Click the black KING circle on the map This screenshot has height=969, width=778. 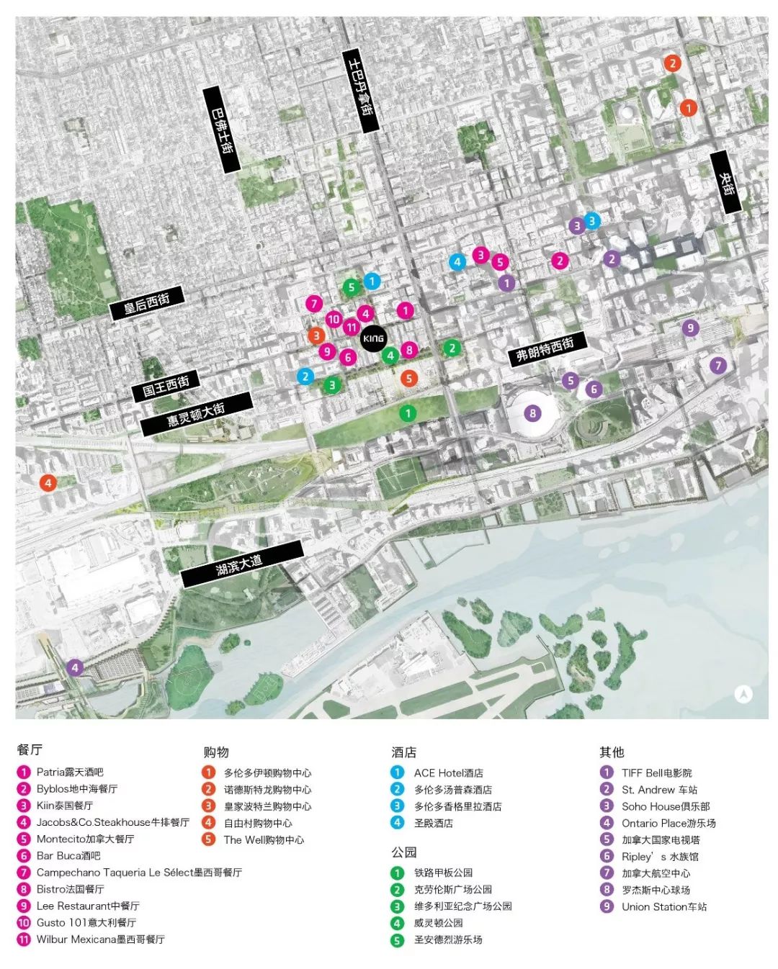pyautogui.click(x=373, y=338)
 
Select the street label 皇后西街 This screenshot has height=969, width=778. pyautogui.click(x=147, y=303)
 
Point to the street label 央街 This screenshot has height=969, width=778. pyautogui.click(x=726, y=182)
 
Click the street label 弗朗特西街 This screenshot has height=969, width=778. pyautogui.click(x=547, y=350)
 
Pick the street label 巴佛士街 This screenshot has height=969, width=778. pyautogui.click(x=221, y=130)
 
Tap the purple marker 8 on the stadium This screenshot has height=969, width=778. pyautogui.click(x=532, y=413)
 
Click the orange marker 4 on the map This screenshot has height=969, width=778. pyautogui.click(x=48, y=483)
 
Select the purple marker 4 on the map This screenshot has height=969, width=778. pyautogui.click(x=74, y=667)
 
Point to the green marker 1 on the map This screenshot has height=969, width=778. pyautogui.click(x=408, y=413)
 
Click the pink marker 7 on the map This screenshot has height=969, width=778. pyautogui.click(x=313, y=304)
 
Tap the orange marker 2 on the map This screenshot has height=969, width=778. pyautogui.click(x=672, y=63)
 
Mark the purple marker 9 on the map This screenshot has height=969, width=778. pyautogui.click(x=690, y=328)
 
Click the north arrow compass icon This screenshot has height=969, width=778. pyautogui.click(x=743, y=694)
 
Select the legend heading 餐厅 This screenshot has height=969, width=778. pyautogui.click(x=30, y=749)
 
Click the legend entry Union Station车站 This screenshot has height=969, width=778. pyautogui.click(x=663, y=906)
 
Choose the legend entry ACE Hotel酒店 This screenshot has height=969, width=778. pyautogui.click(x=448, y=772)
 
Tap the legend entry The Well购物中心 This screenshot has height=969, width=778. pyautogui.click(x=264, y=839)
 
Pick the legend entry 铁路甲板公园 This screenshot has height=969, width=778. pyautogui.click(x=443, y=873)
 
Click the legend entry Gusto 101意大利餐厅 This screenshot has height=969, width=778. pyautogui.click(x=86, y=922)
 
